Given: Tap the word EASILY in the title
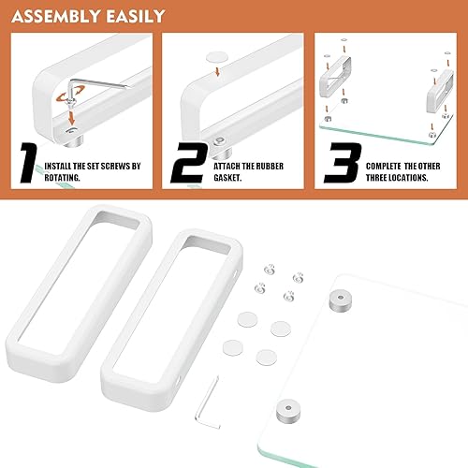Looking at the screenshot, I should click(132, 16).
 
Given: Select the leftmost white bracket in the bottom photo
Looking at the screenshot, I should click(47, 281).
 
